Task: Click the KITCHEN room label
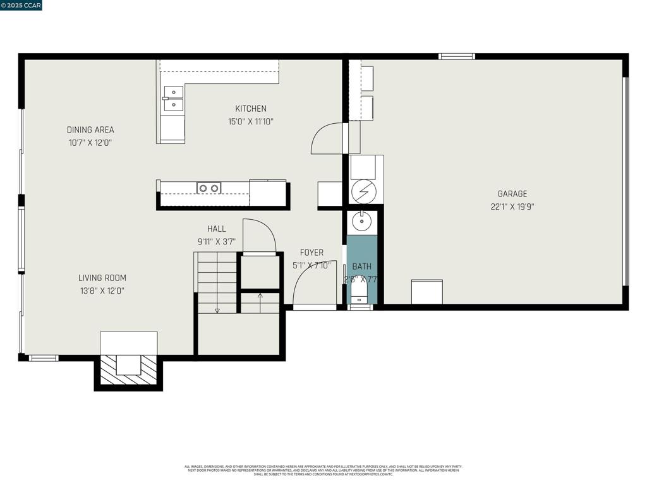point(251,109)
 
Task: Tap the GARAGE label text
point(512,194)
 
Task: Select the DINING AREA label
point(90,130)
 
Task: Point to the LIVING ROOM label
point(102,278)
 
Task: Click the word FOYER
point(311,253)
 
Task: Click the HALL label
point(216,229)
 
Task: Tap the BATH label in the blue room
point(362,266)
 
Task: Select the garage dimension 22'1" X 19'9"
point(512,207)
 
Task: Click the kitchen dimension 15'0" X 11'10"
point(251,122)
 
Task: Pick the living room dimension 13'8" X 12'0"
point(101,291)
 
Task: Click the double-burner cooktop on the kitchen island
point(209,188)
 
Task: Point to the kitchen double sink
point(173,99)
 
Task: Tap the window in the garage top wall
point(457,56)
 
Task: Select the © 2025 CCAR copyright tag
point(21,5)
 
